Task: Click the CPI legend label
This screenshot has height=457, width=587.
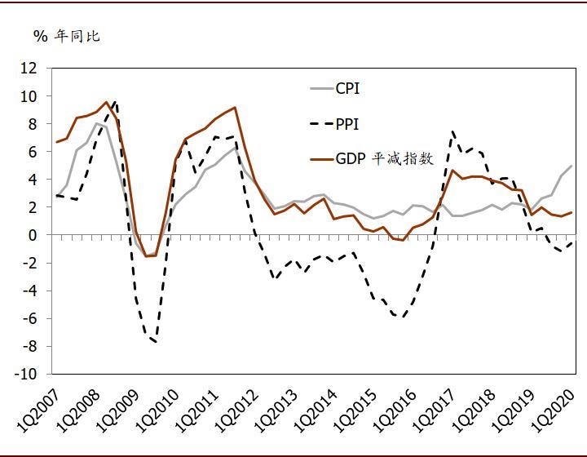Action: [x=347, y=89]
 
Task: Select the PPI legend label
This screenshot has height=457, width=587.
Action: [x=346, y=124]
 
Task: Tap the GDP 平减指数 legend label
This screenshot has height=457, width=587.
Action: [x=384, y=159]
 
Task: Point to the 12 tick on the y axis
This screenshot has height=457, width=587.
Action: [x=29, y=69]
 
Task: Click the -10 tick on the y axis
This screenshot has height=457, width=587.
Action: [x=26, y=375]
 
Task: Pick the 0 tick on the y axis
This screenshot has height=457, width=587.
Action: [x=33, y=235]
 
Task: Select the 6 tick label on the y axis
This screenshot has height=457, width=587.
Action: [x=33, y=152]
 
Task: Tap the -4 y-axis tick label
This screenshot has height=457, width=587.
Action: [x=29, y=291]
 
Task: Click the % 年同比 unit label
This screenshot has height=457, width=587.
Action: [x=66, y=36]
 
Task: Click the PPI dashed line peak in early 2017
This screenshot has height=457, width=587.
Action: [x=452, y=132]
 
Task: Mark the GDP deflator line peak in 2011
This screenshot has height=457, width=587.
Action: [x=235, y=108]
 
